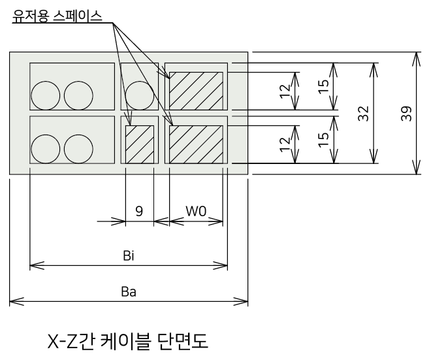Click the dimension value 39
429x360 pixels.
click(x=407, y=113)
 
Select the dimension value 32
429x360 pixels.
click(x=364, y=113)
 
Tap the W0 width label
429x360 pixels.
click(x=196, y=211)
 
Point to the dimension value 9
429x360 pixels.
click(x=139, y=211)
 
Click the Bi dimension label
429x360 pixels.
click(x=129, y=255)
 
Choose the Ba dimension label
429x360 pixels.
click(x=129, y=291)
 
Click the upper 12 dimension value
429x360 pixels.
click(x=285, y=91)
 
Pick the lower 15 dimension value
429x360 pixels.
click(x=324, y=140)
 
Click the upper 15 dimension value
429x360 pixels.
click(x=324, y=86)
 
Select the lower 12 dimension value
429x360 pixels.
click(x=285, y=144)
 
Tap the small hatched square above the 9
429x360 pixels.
click(x=140, y=144)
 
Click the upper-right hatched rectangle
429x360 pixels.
click(x=196, y=91)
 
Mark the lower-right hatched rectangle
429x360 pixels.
click(x=196, y=144)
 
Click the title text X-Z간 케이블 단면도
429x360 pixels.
click(x=128, y=341)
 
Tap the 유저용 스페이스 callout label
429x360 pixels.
click(x=57, y=16)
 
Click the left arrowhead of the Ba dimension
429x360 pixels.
click(x=16, y=302)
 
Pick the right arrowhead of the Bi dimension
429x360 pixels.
click(x=221, y=265)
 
